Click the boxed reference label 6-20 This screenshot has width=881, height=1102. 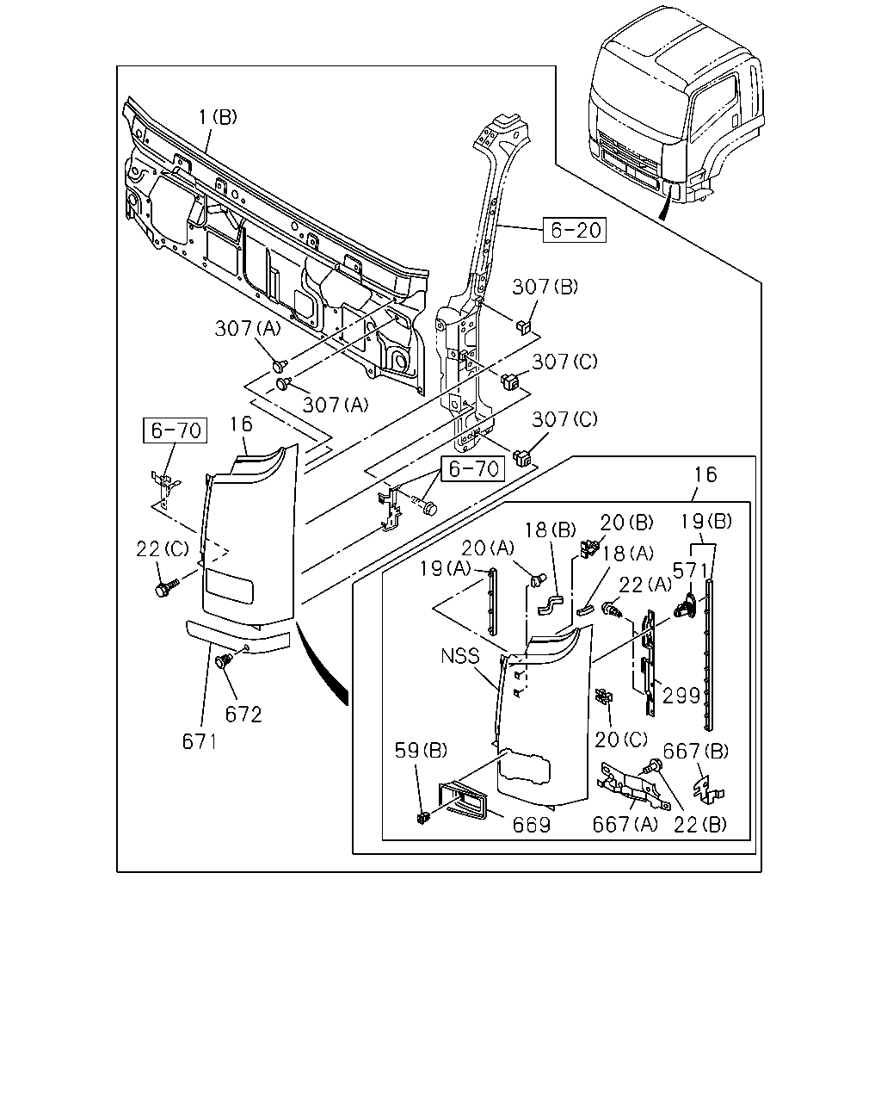point(575,230)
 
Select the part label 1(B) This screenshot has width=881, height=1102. point(218,117)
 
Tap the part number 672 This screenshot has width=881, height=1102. point(243,715)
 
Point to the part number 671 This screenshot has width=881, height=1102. point(200,742)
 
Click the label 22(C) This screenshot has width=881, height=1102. point(163,549)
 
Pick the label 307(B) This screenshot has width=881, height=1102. point(545,287)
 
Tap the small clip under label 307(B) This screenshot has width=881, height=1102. point(524,325)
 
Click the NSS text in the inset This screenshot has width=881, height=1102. point(460,656)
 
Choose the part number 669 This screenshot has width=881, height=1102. point(532,825)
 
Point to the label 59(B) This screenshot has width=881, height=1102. point(421,750)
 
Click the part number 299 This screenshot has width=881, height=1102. point(681,696)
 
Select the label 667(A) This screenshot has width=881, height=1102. point(625,825)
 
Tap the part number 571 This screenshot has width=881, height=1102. point(690,571)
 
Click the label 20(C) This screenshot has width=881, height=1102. point(621,739)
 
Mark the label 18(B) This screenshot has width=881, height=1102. point(551,530)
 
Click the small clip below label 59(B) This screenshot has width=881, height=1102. point(422,818)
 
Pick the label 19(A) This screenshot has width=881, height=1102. point(445,568)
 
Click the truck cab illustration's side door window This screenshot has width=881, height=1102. point(714,108)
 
